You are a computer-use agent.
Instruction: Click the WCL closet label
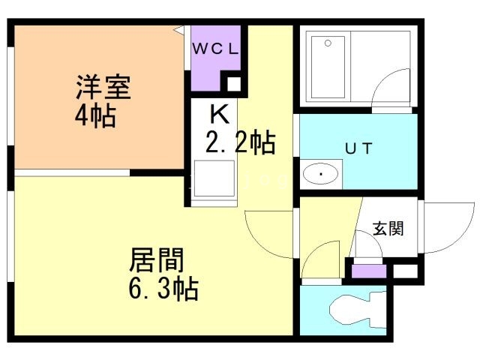pyautogui.click(x=216, y=49)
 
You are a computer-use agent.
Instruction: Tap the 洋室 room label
pyautogui.click(x=103, y=88)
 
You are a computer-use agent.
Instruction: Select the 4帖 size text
pyautogui.click(x=95, y=116)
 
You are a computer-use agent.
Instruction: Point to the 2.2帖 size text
pyautogui.click(x=240, y=142)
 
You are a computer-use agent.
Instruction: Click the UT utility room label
pyautogui.click(x=358, y=148)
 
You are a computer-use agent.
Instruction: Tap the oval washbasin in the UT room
pyautogui.click(x=322, y=175)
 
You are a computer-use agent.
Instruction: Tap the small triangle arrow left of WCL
pyautogui.click(x=180, y=29)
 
